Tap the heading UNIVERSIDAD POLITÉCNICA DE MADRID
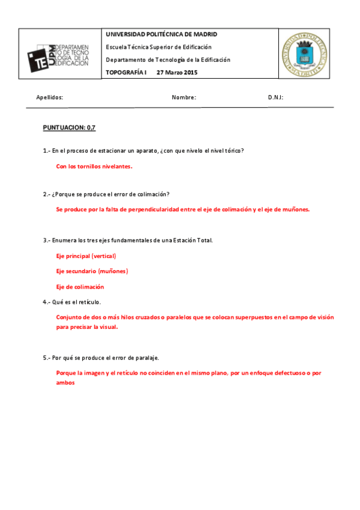click(161, 34)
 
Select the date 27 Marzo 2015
click(177, 72)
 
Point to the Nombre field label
click(184, 97)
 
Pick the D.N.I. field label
click(276, 97)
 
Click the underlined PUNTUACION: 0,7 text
click(69, 127)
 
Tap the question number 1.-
click(46, 150)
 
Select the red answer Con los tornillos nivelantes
click(94, 166)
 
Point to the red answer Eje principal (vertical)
click(86, 256)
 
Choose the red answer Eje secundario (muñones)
click(92, 271)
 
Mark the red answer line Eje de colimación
click(80, 287)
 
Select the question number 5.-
click(46, 357)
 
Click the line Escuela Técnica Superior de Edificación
click(159, 47)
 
